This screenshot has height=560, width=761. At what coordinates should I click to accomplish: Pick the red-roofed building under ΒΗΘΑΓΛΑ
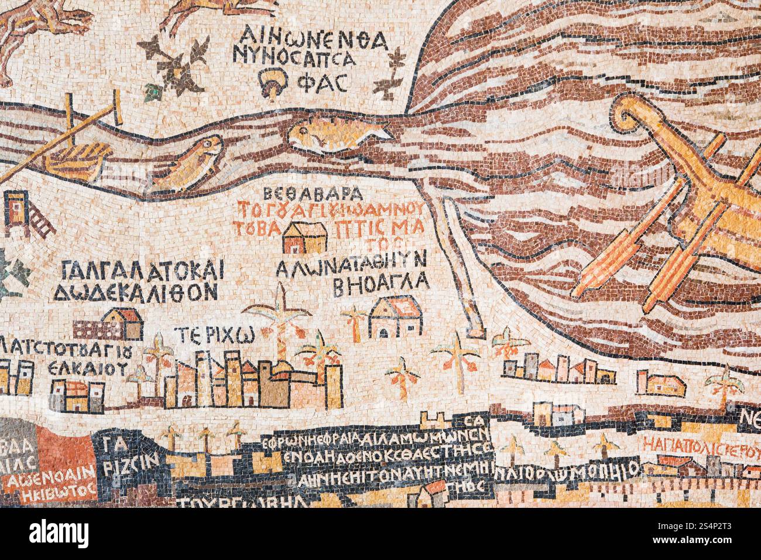click(394, 316)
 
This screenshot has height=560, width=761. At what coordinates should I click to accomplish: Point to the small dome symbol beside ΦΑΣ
click(273, 81)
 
